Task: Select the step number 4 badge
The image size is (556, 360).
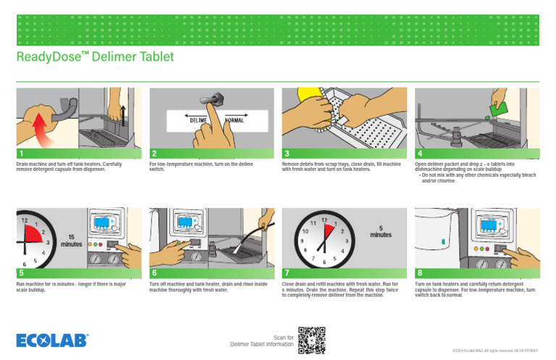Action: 420,154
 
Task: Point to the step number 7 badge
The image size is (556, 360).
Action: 287,273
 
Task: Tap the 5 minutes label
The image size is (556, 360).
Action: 380,231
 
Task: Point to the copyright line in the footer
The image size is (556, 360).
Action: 500,351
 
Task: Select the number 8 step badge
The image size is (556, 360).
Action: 420,273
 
